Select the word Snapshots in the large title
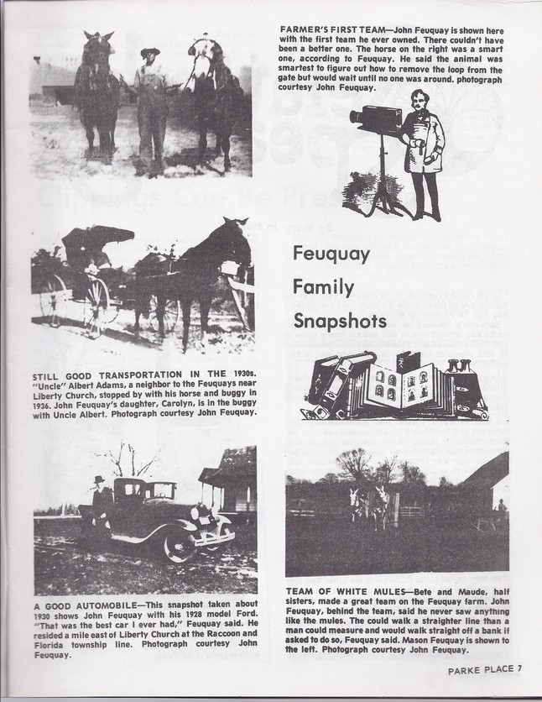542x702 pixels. [340, 320]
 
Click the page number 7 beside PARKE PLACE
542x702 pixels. [519, 668]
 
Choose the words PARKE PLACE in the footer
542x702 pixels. [481, 668]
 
